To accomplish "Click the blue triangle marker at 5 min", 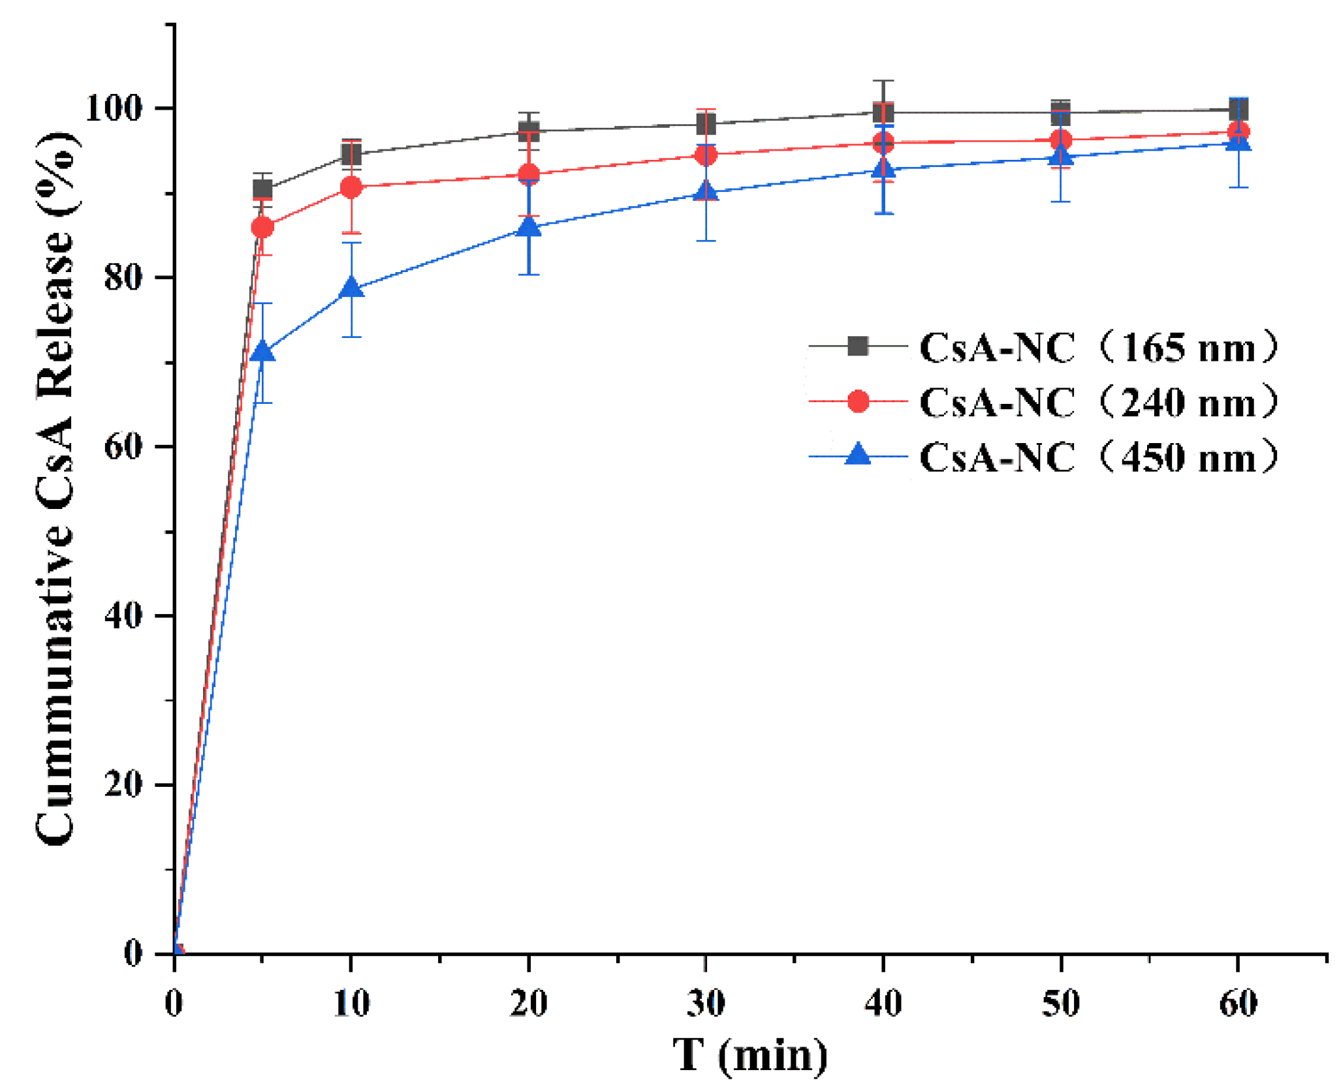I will (x=262, y=352).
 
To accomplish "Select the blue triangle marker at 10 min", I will (x=351, y=288).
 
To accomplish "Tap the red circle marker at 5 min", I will (x=262, y=228).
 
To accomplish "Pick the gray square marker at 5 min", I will (x=262, y=190).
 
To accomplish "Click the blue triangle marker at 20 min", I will (x=529, y=226).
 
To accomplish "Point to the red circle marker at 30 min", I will (x=706, y=155).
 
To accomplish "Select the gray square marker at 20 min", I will (x=529, y=131).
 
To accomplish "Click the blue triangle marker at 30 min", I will (x=706, y=191).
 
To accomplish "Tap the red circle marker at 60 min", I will (x=1238, y=131).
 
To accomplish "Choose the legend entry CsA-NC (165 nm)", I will (x=1097, y=347).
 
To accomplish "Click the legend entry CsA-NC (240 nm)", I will (x=1097, y=402).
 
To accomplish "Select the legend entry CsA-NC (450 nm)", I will (x=1097, y=457).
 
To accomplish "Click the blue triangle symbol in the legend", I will (x=858, y=455).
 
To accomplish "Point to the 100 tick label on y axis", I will (x=114, y=108).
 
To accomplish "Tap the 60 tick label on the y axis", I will (x=123, y=446).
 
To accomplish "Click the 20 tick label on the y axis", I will (x=123, y=784).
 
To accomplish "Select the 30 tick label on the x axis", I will (x=706, y=1003).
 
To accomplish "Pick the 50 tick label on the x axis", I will (x=1061, y=1003).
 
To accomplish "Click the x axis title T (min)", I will (x=750, y=1056).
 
